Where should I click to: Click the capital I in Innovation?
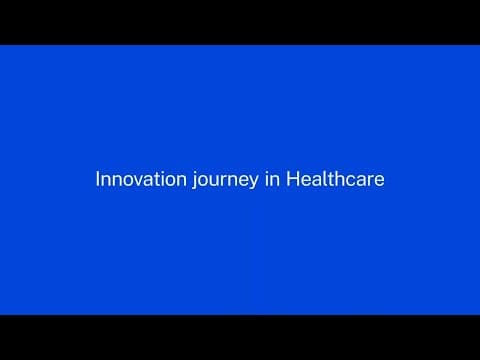(x=96, y=180)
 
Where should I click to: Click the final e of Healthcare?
(x=378, y=181)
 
